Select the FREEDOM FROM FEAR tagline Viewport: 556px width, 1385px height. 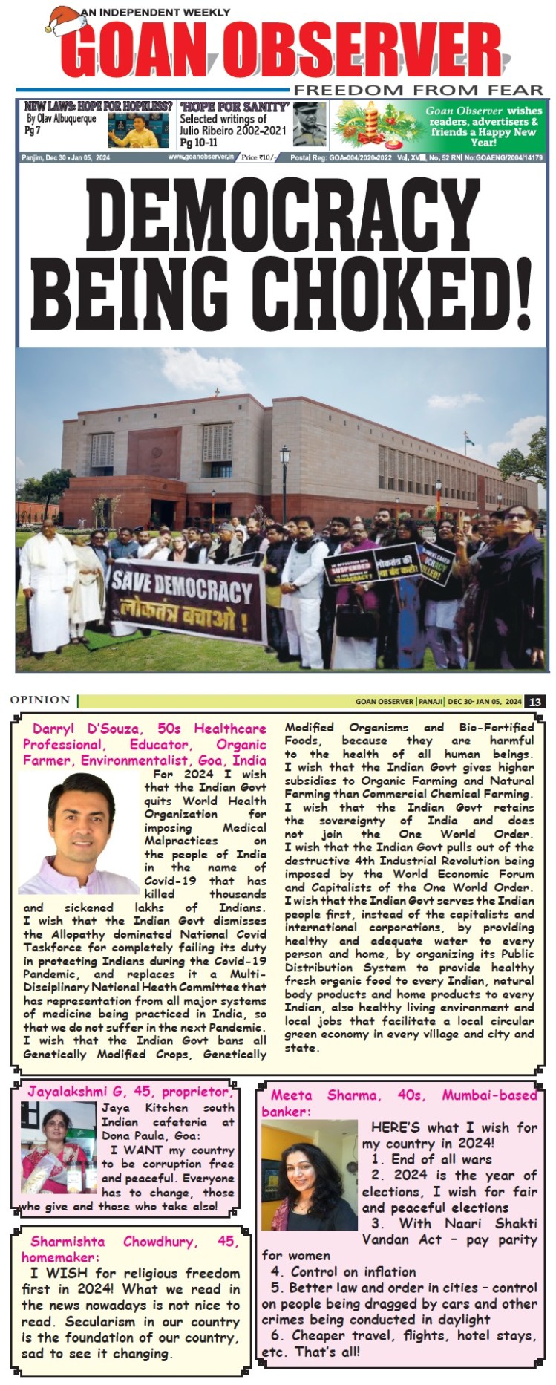pos(418,91)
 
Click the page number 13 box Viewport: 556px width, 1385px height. pos(534,701)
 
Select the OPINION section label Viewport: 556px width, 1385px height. pos(40,700)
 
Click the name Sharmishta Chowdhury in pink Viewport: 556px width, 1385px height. pos(134,1242)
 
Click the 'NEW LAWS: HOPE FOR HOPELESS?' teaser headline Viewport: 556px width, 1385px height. pos(98,107)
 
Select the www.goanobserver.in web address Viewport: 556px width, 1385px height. pos(200,157)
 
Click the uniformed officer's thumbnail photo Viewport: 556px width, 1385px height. pos(309,125)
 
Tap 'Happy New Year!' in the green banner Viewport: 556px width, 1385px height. pos(483,137)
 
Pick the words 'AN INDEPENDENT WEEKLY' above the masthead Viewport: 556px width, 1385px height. pos(155,13)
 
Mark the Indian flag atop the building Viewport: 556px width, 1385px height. pos(468,440)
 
